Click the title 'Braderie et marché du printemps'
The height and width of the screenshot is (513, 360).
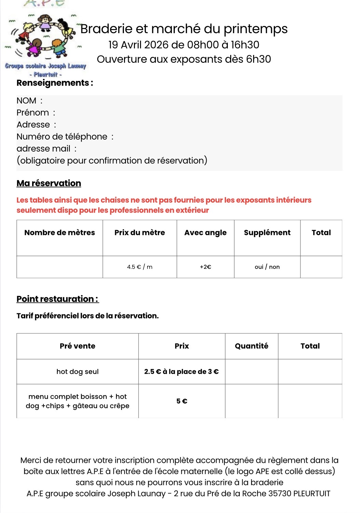pos(184,29)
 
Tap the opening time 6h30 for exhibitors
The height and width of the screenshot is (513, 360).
pos(259,59)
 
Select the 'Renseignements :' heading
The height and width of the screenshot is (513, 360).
pos(55,83)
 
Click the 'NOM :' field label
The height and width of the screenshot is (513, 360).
pos(29,101)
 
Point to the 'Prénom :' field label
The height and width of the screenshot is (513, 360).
pos(36,113)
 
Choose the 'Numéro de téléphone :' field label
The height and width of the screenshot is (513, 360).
pos(65,137)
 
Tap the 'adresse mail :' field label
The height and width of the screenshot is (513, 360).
pos(46,148)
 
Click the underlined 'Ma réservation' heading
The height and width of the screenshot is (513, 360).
pos(49,183)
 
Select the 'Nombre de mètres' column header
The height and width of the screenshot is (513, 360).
pos(60,233)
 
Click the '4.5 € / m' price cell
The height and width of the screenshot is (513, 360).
pos(140,267)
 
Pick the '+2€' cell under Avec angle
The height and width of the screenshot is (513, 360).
pos(206,267)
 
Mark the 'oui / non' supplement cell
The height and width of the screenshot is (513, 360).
pos(267,267)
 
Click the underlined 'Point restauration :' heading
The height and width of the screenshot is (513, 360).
pos(57,299)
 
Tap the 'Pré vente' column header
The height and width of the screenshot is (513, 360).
pos(78,346)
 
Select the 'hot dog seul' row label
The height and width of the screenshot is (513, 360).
pos(78,372)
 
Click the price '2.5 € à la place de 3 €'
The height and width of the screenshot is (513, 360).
pos(182,372)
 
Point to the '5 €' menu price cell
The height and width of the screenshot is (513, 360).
pos(182,401)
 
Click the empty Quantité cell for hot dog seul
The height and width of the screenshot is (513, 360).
pos(252,372)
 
